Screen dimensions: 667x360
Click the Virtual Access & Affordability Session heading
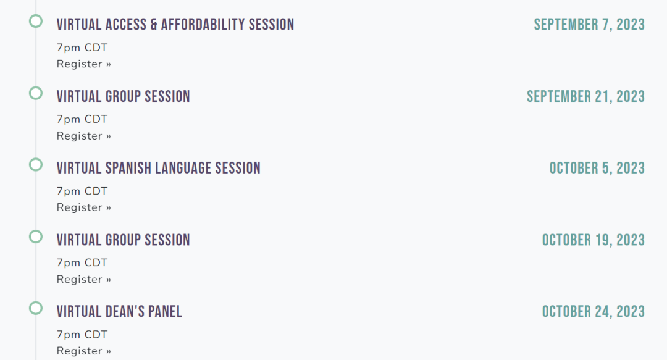pyautogui.click(x=175, y=25)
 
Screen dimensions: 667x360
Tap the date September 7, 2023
pyautogui.click(x=589, y=25)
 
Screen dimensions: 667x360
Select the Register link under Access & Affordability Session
pyautogui.click(x=84, y=64)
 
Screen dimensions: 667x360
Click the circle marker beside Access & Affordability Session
pyautogui.click(x=36, y=15)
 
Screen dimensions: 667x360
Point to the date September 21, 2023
pyautogui.click(x=585, y=96)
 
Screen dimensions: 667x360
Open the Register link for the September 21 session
pyautogui.click(x=84, y=136)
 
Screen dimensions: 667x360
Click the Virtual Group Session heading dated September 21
pyautogui.click(x=124, y=96)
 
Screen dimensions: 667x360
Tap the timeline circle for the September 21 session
pyautogui.click(x=36, y=87)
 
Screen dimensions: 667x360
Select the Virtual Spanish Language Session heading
pyautogui.click(x=159, y=168)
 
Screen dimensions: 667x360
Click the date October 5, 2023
pyautogui.click(x=597, y=168)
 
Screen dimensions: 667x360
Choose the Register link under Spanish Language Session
pyautogui.click(x=84, y=207)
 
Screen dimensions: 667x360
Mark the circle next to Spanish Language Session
pyautogui.click(x=36, y=158)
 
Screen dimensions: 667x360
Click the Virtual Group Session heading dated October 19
pyautogui.click(x=124, y=240)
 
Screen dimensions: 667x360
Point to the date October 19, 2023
pyautogui.click(x=594, y=240)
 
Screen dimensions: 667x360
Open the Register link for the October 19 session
pyautogui.click(x=84, y=279)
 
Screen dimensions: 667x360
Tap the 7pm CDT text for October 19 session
pyautogui.click(x=82, y=262)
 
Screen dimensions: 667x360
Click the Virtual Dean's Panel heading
pyautogui.click(x=119, y=311)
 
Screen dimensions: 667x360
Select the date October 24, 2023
pyautogui.click(x=594, y=311)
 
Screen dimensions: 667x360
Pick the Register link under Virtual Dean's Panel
pyautogui.click(x=84, y=351)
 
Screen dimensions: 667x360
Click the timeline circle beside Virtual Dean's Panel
pyautogui.click(x=36, y=302)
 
